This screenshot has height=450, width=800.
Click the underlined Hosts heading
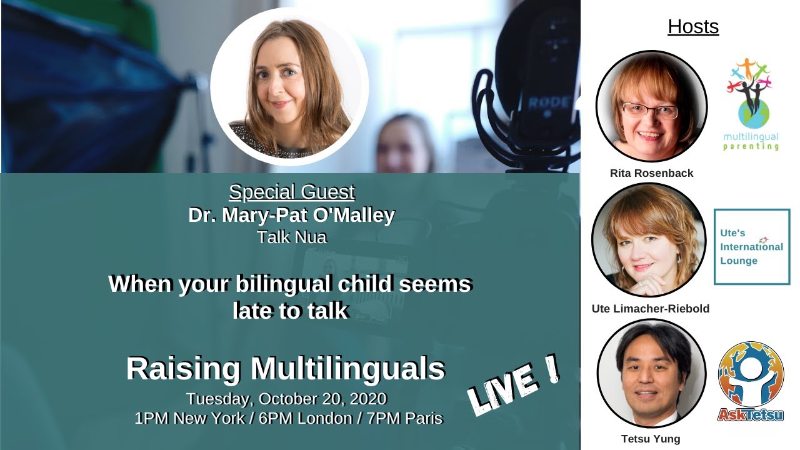point(693,27)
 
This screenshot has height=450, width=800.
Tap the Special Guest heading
point(292,192)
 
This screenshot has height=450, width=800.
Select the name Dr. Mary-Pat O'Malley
point(292,215)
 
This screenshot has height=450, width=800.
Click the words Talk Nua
point(292,237)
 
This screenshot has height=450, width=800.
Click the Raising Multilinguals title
point(286,369)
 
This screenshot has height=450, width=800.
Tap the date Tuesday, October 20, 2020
point(286,399)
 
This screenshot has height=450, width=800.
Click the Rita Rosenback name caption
point(651,173)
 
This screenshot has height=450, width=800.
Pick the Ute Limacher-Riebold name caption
point(651,309)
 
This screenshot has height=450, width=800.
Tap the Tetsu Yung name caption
point(651,439)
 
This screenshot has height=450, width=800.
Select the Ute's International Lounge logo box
point(752,247)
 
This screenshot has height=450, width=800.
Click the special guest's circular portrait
point(289,87)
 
